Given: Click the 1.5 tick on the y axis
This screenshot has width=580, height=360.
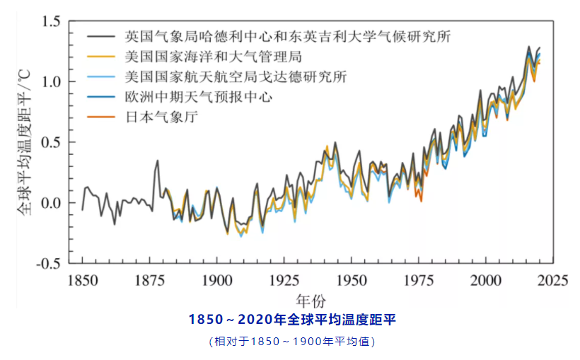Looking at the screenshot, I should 52,21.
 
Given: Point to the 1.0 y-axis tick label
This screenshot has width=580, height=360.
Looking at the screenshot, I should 52,82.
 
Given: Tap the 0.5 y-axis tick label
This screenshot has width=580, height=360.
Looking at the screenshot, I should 52,142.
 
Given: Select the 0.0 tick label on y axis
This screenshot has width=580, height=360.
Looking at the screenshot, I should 52,203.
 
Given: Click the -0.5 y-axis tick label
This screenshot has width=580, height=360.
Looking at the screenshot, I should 49,264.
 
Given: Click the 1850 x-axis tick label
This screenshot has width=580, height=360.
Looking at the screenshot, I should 82,279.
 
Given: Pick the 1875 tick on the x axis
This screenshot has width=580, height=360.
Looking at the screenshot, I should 149,279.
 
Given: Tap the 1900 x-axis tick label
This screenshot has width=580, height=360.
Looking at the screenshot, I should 216,279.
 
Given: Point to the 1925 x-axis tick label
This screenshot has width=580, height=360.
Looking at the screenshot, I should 284,279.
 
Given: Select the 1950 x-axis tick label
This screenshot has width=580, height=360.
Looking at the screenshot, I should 351,279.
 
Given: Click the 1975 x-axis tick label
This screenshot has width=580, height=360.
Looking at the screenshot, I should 418,279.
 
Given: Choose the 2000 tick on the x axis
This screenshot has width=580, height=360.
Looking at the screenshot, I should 485,279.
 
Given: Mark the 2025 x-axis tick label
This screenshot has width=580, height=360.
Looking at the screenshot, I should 552,279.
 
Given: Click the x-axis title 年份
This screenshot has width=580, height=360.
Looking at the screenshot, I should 311,300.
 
